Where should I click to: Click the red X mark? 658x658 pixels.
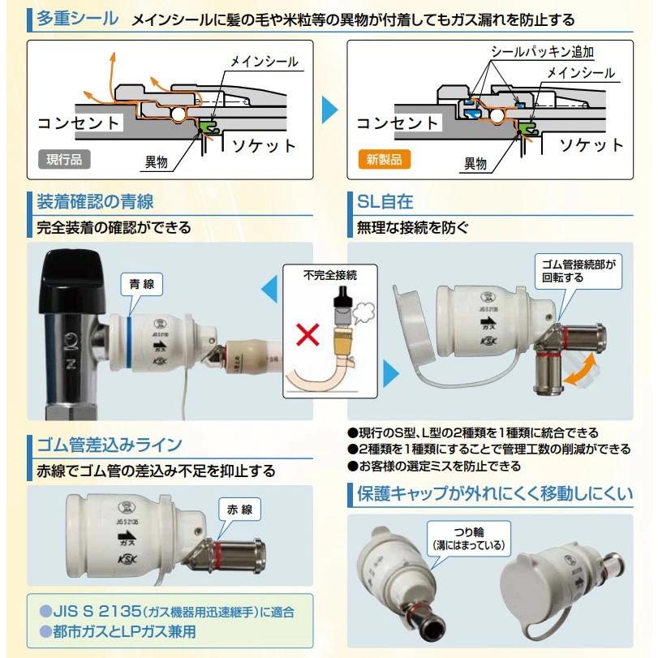(307, 334)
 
